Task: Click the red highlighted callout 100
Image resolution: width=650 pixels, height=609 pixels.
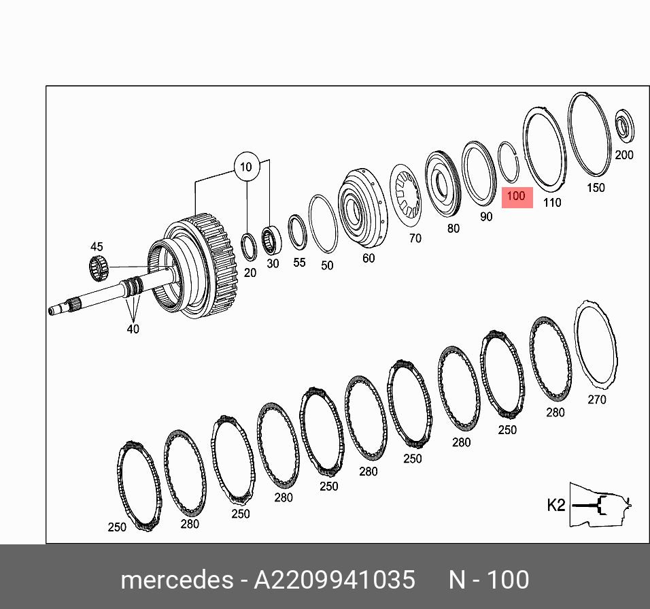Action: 517,197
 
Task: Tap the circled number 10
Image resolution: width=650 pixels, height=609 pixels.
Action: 245,167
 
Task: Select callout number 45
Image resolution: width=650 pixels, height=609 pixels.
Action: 97,246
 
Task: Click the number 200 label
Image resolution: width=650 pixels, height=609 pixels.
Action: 623,155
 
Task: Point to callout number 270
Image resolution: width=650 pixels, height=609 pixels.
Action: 596,399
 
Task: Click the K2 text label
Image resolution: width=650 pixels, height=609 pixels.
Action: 556,506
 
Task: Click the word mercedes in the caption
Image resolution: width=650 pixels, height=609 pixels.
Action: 176,580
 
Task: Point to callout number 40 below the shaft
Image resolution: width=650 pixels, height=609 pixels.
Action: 133,329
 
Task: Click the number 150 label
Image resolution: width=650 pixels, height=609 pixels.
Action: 596,187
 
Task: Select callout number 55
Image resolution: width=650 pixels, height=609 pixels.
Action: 299,262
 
